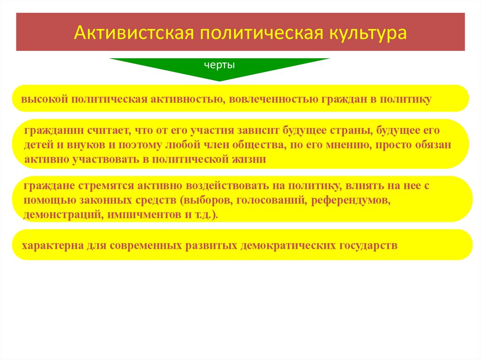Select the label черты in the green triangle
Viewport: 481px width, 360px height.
219,65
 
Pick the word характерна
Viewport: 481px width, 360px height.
52,245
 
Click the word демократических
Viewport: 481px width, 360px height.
287,245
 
